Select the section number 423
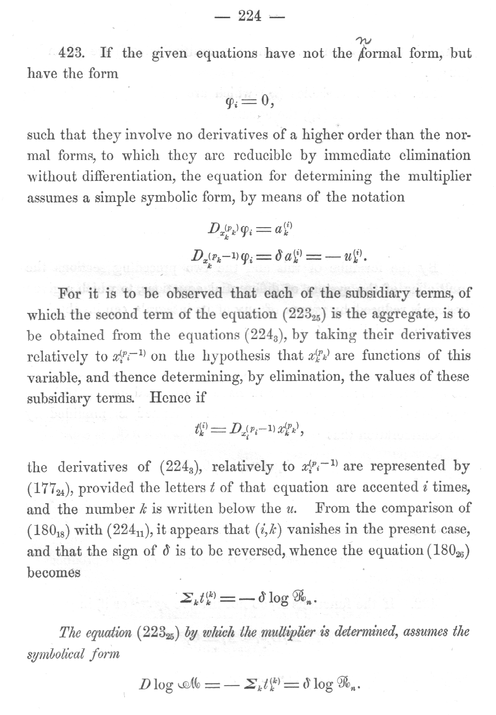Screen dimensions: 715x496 pyautogui.click(x=71, y=53)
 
